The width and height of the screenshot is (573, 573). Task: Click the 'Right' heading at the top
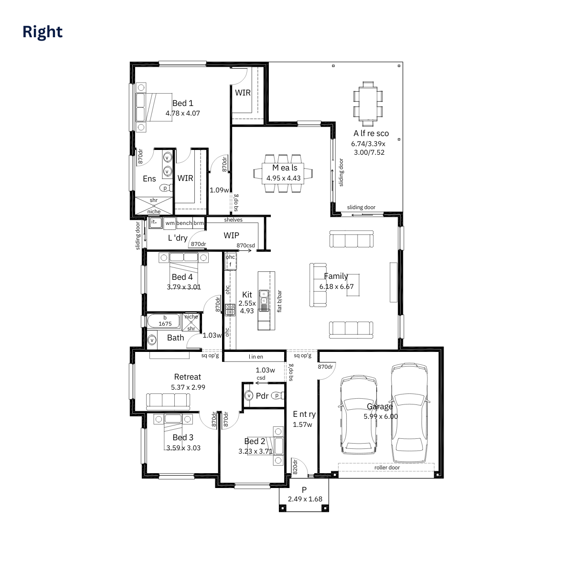(42, 32)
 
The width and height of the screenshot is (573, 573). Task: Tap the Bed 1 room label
(183, 103)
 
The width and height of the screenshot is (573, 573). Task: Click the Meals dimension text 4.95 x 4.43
(284, 178)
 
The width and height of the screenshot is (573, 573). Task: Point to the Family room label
(336, 276)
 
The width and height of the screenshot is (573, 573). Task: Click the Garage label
(380, 406)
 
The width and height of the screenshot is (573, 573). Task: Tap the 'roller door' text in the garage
(387, 467)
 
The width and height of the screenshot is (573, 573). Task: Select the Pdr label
(262, 396)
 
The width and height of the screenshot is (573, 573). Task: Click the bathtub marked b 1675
(165, 321)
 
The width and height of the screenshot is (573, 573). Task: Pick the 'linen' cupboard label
(255, 357)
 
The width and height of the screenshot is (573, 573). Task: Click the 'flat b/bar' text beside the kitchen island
(279, 301)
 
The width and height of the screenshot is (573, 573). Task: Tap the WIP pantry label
(231, 235)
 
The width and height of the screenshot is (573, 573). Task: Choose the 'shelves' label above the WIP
(233, 220)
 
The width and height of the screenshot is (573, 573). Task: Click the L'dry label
(177, 238)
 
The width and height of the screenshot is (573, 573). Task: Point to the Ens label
(149, 179)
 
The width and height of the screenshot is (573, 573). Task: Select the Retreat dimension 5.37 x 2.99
(188, 387)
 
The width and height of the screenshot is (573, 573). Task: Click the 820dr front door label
(295, 467)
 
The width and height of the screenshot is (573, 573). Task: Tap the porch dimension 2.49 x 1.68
(305, 499)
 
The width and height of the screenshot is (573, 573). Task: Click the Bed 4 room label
(182, 277)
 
